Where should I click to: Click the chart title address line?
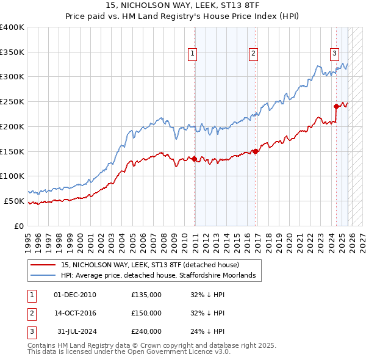coord(183,5)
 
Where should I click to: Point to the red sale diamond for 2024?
coord(336,106)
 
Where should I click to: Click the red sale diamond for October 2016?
coord(255,151)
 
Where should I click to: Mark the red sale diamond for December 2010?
coord(195,159)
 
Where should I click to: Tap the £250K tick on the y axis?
coord(12,102)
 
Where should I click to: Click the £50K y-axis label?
coord(14,201)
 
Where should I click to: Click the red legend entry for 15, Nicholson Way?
coord(150,265)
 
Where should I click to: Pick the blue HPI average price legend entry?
coord(161,276)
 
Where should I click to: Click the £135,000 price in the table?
coord(146,295)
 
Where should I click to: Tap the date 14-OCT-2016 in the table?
coord(75,313)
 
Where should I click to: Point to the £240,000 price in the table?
coord(146,331)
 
